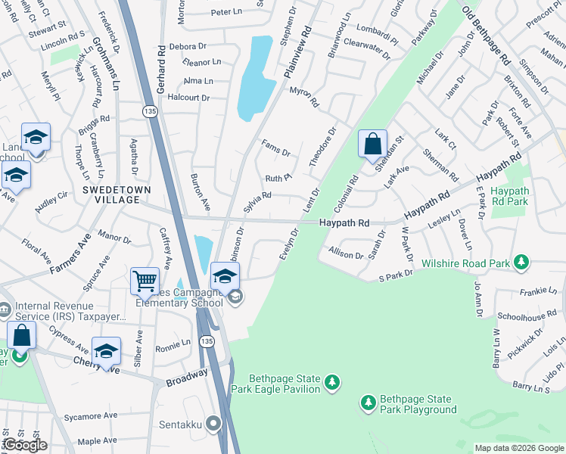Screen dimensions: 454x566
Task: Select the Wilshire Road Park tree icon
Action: point(521,262)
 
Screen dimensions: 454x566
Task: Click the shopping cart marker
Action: point(144,281)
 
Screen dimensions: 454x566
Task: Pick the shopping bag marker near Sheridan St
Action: point(373,143)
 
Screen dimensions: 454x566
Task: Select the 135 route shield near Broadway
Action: point(207,342)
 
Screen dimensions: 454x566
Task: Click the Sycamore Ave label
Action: point(90,416)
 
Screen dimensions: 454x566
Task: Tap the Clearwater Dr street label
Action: point(366,45)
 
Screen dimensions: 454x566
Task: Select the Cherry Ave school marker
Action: point(106,350)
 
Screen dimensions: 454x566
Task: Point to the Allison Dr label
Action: point(346,253)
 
